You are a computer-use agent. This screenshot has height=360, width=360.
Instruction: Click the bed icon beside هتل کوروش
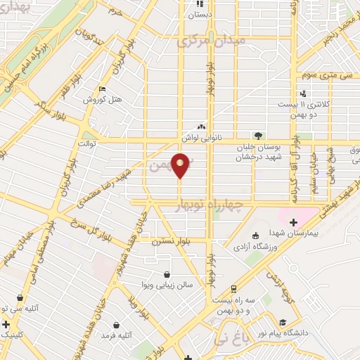tap(103, 89)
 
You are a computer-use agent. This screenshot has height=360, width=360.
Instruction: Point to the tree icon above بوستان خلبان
tap(259, 135)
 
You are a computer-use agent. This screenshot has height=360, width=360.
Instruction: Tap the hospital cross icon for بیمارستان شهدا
tap(293, 223)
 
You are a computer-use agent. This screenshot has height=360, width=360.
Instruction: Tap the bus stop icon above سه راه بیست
tap(233, 288)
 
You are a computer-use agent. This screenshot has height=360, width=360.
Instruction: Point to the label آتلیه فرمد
tap(117, 336)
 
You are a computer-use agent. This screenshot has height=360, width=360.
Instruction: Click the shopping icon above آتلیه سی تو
tap(20, 297)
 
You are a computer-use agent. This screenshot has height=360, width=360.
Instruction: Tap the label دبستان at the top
tap(202, 13)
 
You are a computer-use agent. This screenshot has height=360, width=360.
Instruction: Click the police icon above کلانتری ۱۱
tap(302, 93)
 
